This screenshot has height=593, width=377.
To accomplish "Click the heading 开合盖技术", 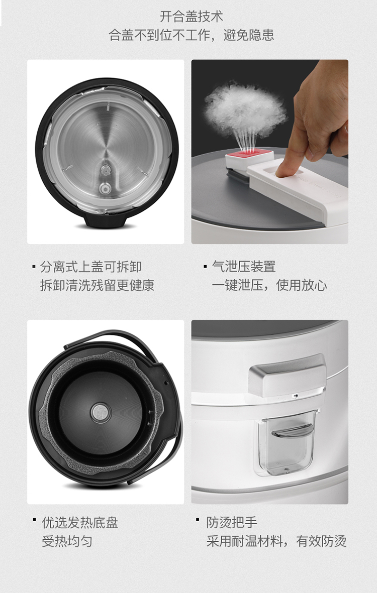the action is click(x=191, y=16).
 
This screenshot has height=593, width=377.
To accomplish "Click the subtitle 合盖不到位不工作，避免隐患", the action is click(x=191, y=35).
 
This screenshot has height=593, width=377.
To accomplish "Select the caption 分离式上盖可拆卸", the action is click(x=91, y=267).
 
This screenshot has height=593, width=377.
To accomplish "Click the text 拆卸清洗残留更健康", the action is click(x=98, y=285).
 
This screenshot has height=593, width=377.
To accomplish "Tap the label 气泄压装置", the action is click(x=244, y=267).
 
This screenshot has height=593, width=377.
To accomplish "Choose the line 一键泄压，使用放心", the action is click(x=269, y=285).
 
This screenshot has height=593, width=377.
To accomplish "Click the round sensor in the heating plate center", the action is click(x=101, y=412).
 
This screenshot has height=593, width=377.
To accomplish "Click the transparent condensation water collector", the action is click(x=287, y=442).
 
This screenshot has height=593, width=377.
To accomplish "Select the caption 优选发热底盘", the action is click(x=80, y=523).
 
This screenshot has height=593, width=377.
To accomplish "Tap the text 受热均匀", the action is click(x=67, y=541).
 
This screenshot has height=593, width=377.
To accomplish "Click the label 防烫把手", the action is click(x=232, y=523).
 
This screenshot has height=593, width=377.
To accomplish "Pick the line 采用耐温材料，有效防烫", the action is click(x=276, y=541).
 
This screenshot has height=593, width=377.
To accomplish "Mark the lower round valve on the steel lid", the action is click(x=105, y=188).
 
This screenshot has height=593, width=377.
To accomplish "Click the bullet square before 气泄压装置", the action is click(x=205, y=267).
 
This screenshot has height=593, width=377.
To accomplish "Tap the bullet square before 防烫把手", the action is click(x=198, y=520).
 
